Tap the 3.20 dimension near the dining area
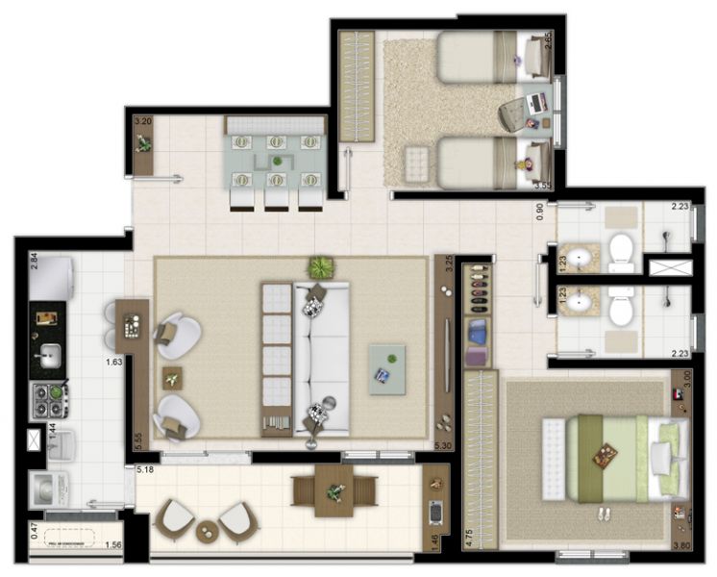[143, 121]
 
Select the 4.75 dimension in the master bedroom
[470, 535]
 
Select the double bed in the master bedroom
[615, 457]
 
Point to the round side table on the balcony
[209, 530]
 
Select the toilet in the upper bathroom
[622, 249]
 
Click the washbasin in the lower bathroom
[579, 304]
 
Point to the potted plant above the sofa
[317, 266]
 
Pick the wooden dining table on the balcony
[334, 491]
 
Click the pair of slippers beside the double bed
[605, 514]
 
